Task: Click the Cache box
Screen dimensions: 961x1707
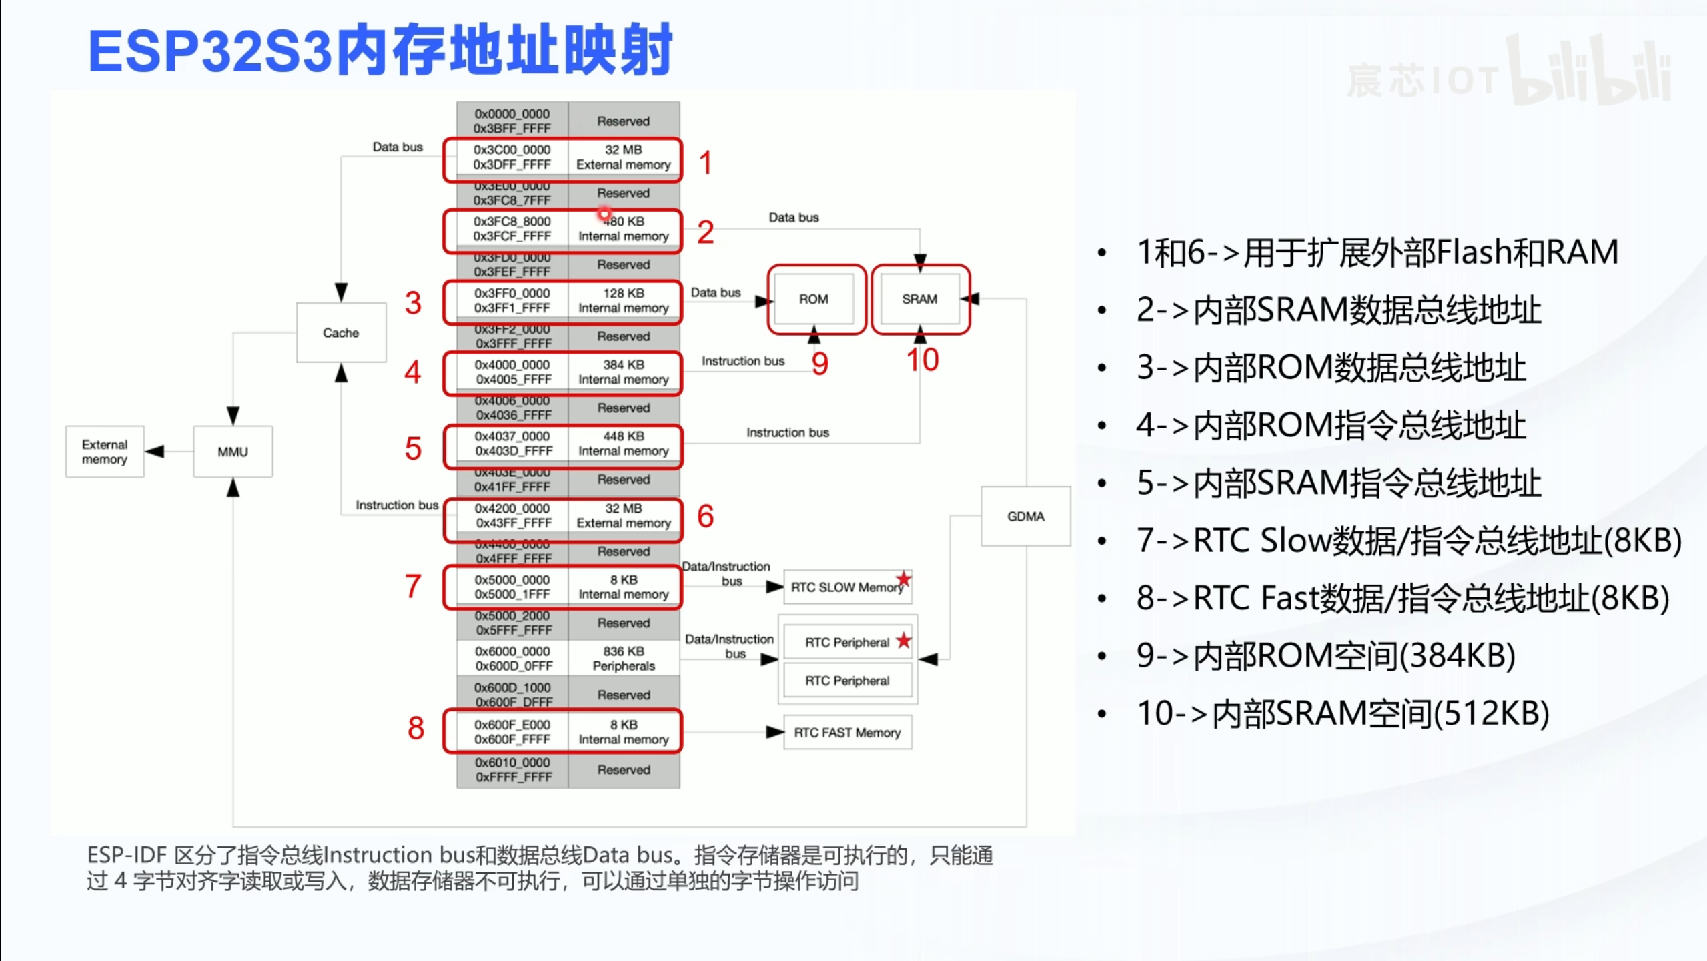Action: [x=341, y=332]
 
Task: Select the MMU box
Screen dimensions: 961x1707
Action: [x=233, y=452]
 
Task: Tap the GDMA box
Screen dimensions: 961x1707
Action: [x=1025, y=516]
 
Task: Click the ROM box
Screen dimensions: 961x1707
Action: [x=814, y=299]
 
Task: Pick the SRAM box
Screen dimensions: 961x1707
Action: [x=919, y=299]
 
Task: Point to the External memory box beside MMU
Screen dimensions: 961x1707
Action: [x=105, y=452]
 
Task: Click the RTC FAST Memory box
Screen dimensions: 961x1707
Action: [x=847, y=733]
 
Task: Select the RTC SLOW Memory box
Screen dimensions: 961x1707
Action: [x=846, y=587]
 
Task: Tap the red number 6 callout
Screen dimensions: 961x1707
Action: [x=705, y=516]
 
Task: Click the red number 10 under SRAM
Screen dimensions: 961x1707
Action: [x=923, y=360]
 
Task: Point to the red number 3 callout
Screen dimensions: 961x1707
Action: [x=413, y=303]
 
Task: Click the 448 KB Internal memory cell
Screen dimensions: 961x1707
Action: [x=624, y=444]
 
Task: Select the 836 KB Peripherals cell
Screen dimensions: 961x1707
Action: [x=624, y=659]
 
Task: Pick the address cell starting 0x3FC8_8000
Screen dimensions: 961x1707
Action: [x=512, y=229]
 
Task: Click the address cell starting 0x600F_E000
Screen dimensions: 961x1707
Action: [x=512, y=732]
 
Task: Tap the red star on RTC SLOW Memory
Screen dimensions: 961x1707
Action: [x=903, y=579]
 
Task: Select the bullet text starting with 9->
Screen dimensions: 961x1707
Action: [x=1326, y=655]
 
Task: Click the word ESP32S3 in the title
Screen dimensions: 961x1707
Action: [x=210, y=51]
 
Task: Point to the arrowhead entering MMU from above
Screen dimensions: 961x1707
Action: [x=233, y=416]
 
